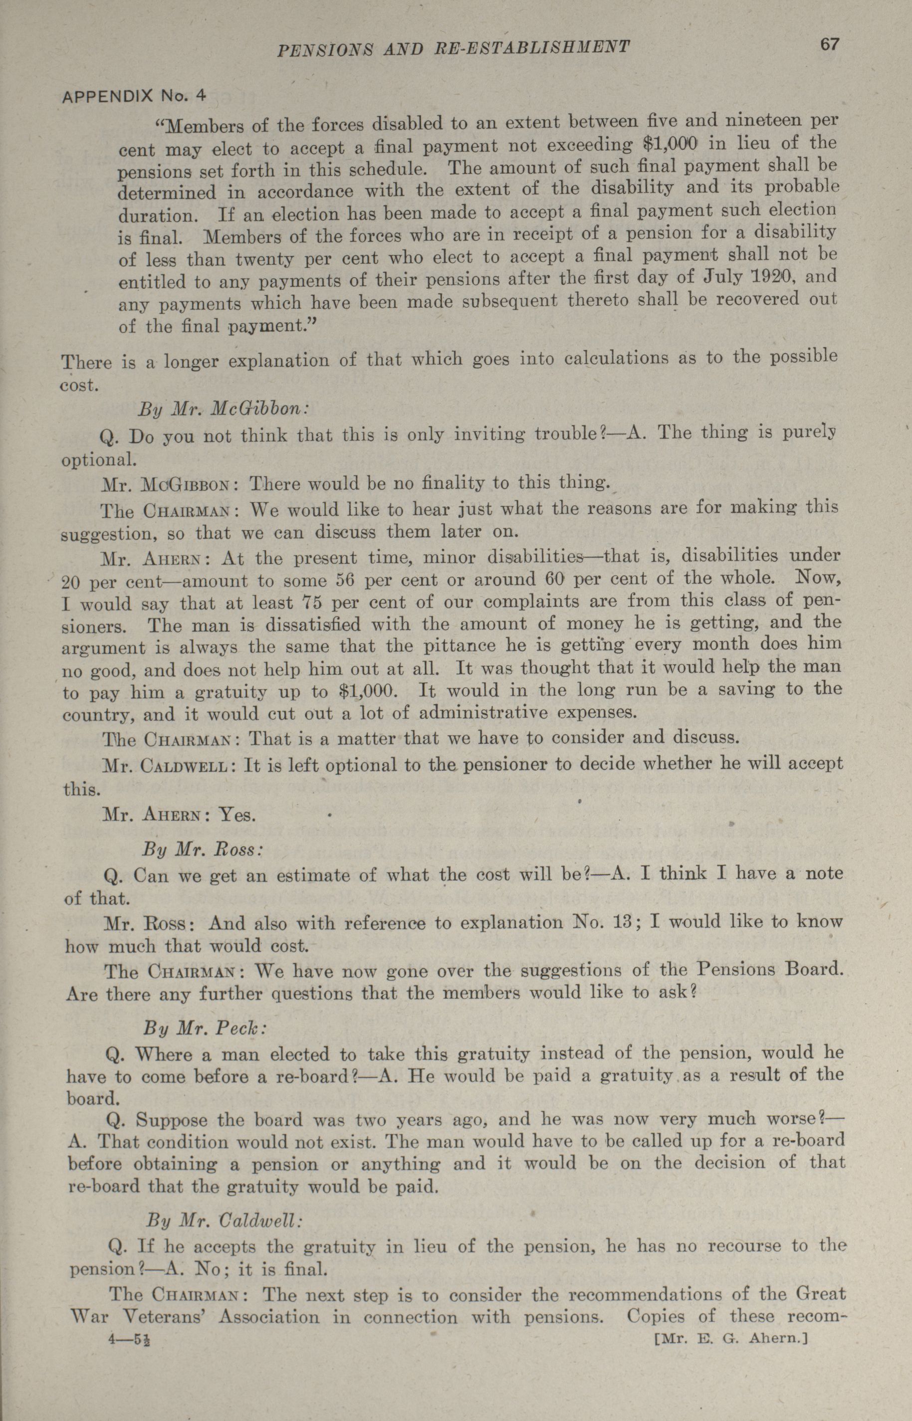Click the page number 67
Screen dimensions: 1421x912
(x=829, y=45)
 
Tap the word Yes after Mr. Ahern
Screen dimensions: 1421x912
(x=237, y=816)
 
